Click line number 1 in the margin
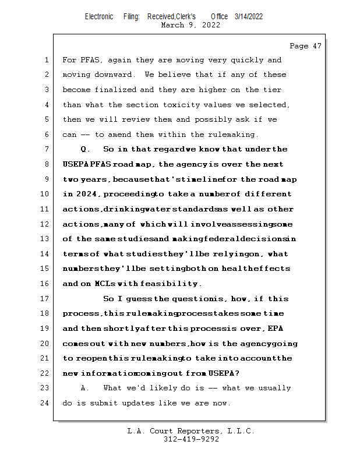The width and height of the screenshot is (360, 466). tap(45, 60)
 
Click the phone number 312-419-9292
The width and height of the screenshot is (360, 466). tap(191, 439)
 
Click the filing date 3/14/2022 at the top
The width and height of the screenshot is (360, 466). tap(249, 16)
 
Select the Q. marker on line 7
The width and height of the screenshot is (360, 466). tap(85, 150)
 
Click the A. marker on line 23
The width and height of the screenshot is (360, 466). tap(85, 389)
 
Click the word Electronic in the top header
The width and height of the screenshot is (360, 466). tap(99, 16)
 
